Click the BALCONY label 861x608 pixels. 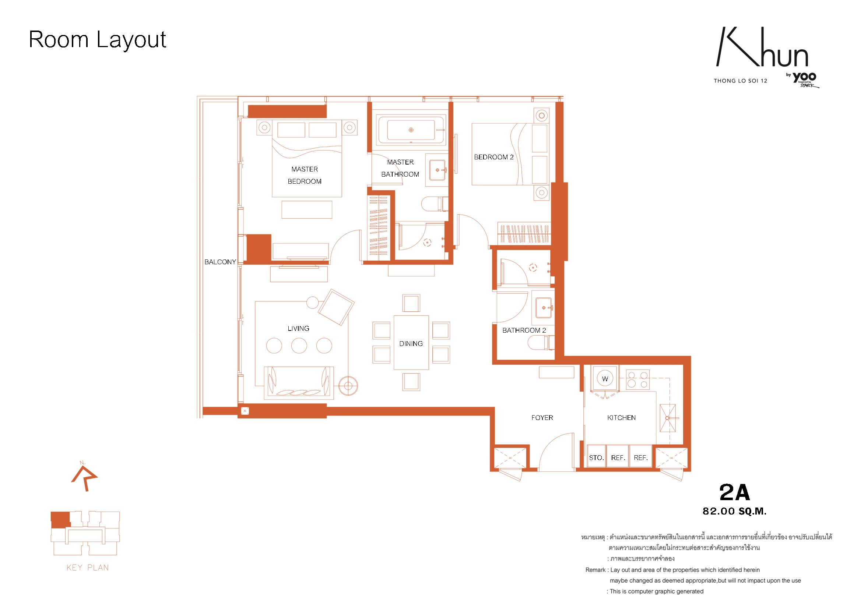(220, 262)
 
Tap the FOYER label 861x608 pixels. (542, 418)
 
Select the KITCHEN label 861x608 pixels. (621, 418)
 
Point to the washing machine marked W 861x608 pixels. (605, 379)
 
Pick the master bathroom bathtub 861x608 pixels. (411, 130)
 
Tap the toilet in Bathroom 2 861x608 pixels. (541, 342)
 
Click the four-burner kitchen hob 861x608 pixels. (637, 379)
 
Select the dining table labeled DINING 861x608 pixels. (411, 343)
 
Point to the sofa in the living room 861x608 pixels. (299, 382)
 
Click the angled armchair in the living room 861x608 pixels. (336, 307)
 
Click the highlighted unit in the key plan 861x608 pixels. (60, 520)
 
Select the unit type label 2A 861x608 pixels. (735, 492)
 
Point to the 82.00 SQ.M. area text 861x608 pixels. (735, 511)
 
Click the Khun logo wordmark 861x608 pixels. (762, 47)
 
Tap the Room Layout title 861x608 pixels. (98, 40)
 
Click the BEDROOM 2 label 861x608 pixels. (494, 157)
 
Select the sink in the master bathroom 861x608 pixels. (437, 170)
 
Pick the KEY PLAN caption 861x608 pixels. (88, 568)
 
